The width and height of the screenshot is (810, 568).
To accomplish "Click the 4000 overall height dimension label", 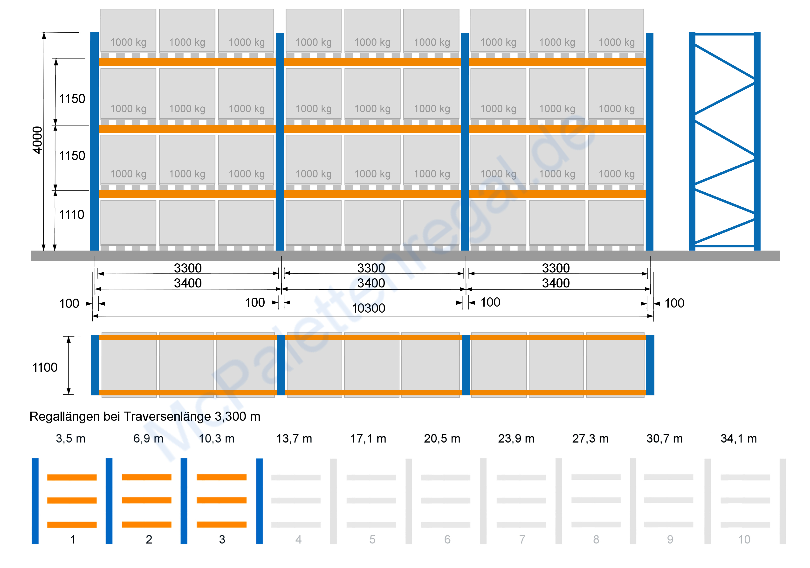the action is [37, 140].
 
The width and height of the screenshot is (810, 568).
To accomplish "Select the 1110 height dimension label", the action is [72, 215].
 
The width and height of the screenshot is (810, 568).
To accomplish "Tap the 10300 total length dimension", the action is [369, 308].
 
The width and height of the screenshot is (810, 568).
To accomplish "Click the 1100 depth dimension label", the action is [45, 367].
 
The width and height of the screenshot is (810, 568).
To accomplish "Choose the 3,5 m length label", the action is [71, 438].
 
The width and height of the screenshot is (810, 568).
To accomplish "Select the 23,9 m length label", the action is [516, 438].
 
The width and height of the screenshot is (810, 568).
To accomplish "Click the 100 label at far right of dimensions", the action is [674, 303].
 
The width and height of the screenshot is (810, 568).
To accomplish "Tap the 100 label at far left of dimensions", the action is [69, 304].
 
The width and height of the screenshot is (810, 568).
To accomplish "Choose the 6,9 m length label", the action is [148, 438].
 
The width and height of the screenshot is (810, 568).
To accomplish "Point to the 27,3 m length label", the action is [590, 438].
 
